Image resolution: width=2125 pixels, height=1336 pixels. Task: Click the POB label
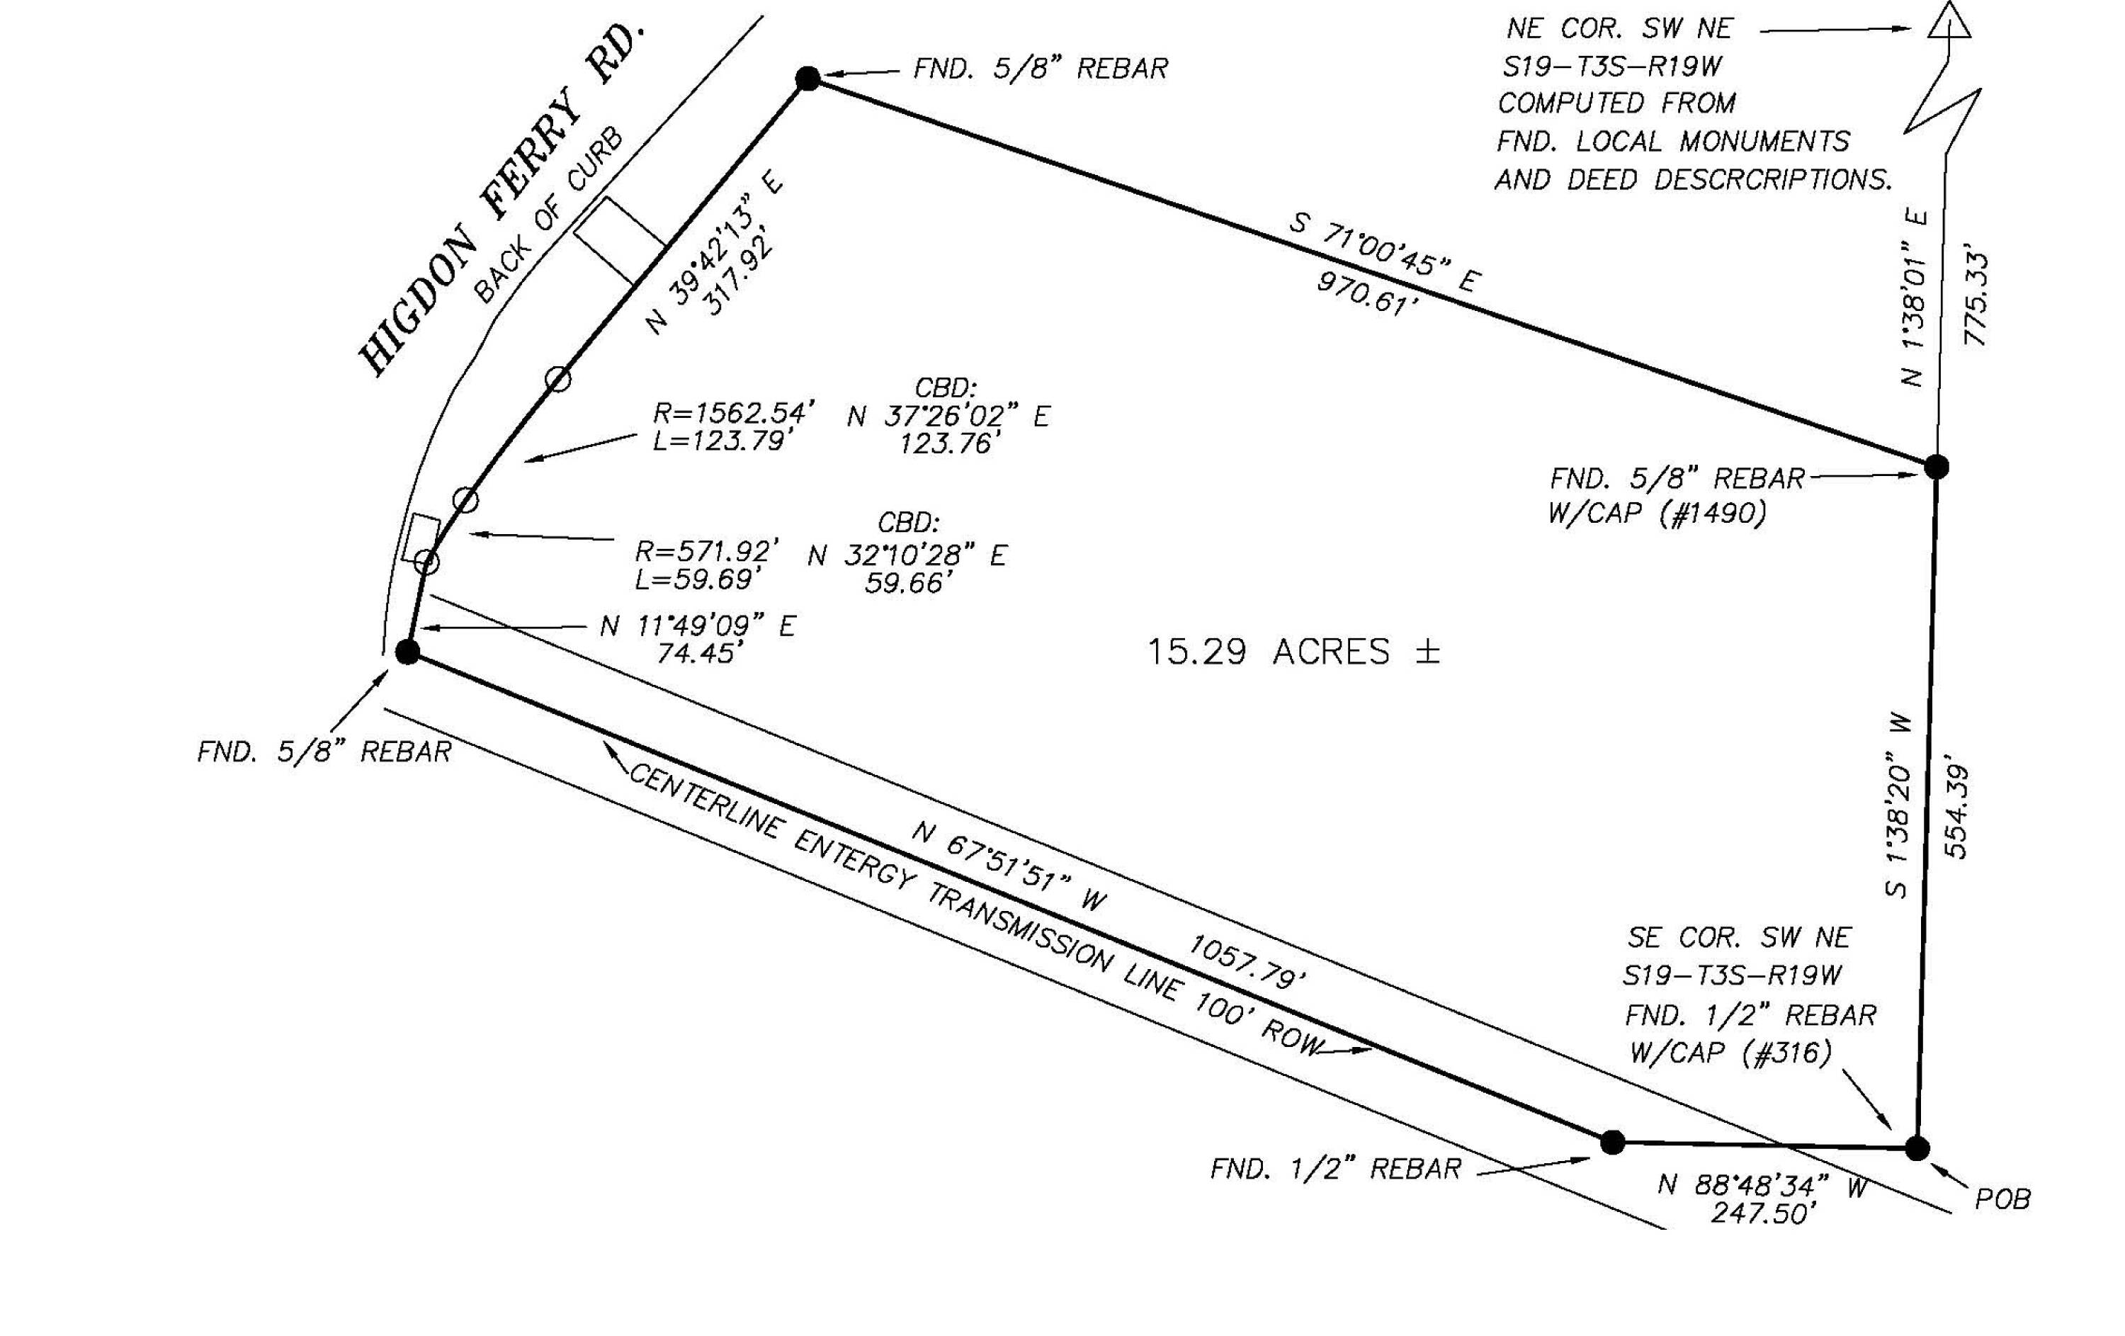2002,1199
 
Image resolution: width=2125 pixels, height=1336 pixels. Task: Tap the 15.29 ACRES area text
1293,652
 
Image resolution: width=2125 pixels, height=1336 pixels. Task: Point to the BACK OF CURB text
548,216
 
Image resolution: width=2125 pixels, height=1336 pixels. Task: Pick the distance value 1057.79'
1246,963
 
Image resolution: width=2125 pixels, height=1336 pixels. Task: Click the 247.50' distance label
1764,1213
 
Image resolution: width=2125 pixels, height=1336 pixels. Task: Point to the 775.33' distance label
1976,300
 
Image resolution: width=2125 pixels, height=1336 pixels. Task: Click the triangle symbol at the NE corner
1949,21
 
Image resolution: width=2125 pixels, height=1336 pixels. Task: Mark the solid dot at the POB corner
1917,1149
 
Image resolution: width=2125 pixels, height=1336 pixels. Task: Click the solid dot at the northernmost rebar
807,79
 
